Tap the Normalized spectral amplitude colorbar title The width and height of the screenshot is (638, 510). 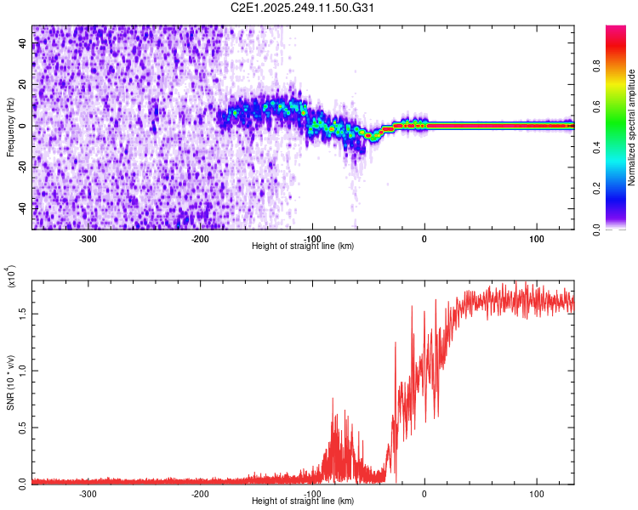click(632, 127)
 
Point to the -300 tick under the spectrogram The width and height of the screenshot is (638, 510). click(88, 238)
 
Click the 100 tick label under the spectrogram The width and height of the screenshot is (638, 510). click(537, 238)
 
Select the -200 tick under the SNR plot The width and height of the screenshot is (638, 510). click(201, 493)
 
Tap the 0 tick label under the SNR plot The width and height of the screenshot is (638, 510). click(424, 493)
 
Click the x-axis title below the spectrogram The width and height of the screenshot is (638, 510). click(303, 246)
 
